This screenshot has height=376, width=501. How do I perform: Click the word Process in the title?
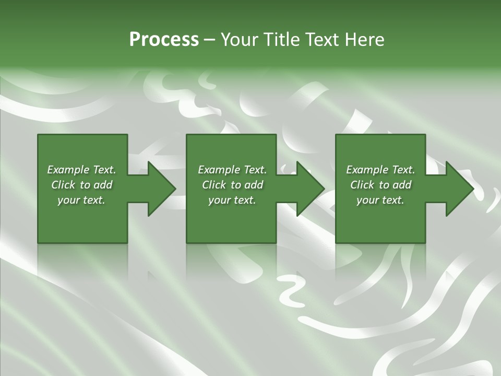tap(164, 40)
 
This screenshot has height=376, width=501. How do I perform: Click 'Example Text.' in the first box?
tap(81, 170)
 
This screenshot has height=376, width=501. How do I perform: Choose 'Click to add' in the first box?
tap(81, 185)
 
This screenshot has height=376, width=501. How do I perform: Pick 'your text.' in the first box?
tap(81, 200)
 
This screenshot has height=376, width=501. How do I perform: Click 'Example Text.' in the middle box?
tap(232, 170)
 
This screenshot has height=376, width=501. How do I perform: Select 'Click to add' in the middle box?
tap(232, 185)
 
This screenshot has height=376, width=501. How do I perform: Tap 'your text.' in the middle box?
tap(232, 200)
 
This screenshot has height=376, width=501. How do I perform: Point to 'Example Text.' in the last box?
tap(380, 170)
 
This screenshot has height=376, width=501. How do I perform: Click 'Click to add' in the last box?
tap(380, 185)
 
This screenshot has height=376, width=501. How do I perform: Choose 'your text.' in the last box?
tap(380, 200)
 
